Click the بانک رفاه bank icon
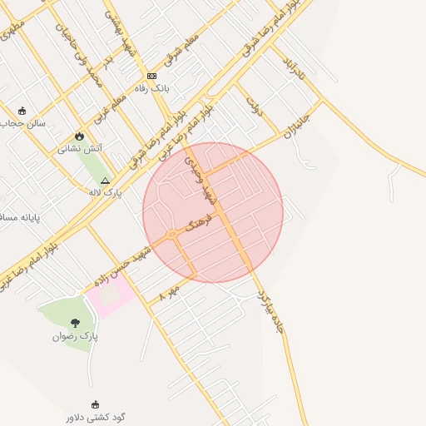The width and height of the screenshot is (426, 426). tap(151, 76)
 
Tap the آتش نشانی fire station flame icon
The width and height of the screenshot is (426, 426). tap(80, 136)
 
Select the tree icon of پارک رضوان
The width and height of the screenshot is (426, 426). tap(76, 323)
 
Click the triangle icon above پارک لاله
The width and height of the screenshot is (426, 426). tap(105, 181)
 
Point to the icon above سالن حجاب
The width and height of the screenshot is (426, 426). tap(22, 110)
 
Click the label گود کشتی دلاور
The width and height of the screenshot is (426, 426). tap(97, 417)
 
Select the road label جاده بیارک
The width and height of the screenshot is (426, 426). tap(270, 312)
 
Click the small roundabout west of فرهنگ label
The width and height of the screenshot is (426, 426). tap(171, 235)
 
